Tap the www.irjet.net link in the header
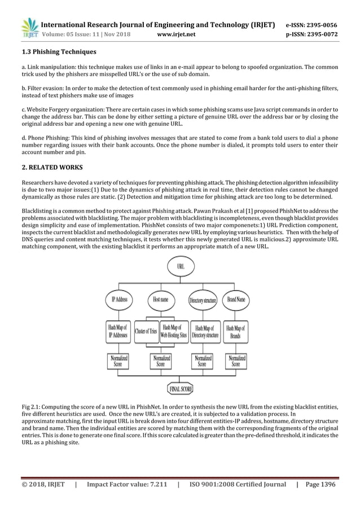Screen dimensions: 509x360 178,34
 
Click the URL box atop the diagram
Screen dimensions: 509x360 181,266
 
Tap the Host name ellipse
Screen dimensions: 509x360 160,300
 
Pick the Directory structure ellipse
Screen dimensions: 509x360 203,300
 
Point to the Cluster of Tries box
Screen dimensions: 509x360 146,331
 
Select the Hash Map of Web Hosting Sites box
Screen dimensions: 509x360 174,331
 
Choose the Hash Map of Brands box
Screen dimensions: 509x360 236,331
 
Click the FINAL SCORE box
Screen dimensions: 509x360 181,389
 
